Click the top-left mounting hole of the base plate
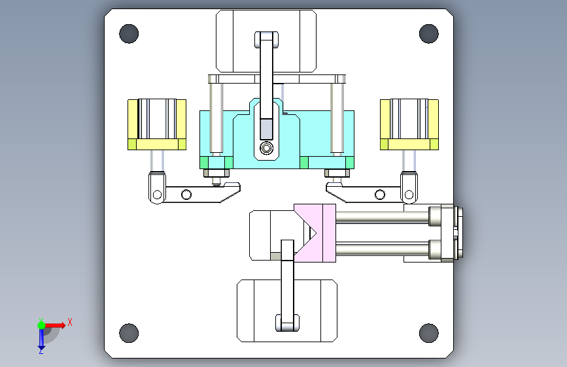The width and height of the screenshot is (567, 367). click(129, 33)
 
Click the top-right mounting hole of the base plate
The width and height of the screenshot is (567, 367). click(428, 33)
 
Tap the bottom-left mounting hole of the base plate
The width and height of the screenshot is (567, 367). click(129, 332)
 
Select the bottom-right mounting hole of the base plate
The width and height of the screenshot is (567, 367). click(428, 332)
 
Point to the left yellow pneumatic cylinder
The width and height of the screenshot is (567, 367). click(157, 123)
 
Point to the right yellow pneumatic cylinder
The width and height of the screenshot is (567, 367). click(409, 123)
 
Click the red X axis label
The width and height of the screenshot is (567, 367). click(69, 321)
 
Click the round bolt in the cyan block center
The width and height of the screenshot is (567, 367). click(266, 149)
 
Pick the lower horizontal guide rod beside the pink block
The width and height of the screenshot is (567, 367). click(383, 249)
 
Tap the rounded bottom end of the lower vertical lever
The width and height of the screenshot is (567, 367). click(286, 323)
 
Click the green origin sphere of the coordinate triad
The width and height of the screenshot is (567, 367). click(41, 325)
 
